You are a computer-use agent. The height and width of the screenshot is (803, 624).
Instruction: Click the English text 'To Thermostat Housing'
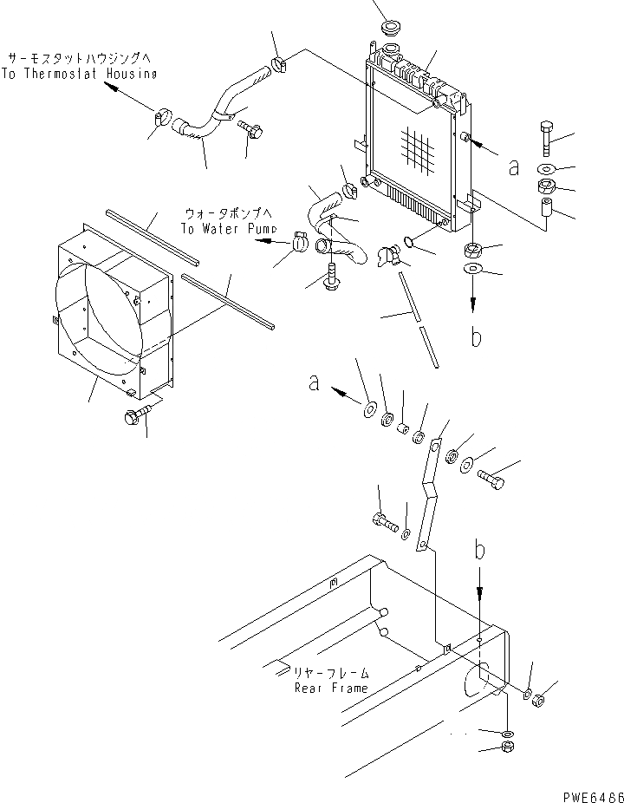[x=79, y=74]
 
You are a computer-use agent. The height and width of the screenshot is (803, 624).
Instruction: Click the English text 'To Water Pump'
[x=229, y=229]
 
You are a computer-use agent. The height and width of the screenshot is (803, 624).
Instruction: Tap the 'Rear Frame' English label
[x=331, y=688]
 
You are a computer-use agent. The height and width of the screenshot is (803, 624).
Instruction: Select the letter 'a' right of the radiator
[x=514, y=166]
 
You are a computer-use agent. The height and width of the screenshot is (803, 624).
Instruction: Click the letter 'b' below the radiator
[x=475, y=336]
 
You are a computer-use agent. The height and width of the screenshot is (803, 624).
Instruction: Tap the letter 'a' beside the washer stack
[x=315, y=382]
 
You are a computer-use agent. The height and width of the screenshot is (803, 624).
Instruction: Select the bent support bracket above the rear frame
[x=427, y=494]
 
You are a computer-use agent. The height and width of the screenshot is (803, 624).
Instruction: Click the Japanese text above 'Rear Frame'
[x=331, y=672]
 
